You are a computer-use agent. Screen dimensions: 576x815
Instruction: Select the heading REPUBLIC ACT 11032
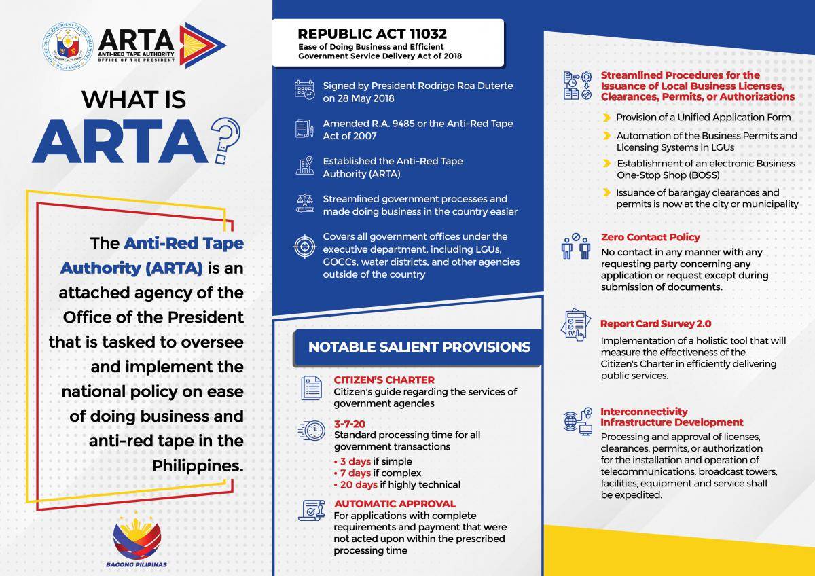(372, 33)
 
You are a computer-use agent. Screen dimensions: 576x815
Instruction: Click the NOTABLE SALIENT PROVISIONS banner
(419, 347)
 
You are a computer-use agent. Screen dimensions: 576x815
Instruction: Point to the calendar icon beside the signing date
(305, 91)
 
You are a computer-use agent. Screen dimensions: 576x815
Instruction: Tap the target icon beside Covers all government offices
(305, 247)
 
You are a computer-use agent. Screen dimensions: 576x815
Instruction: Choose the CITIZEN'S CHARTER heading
(384, 380)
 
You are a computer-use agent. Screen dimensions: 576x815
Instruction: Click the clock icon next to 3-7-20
(312, 431)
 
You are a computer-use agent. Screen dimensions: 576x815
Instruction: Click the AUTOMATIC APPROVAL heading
(395, 504)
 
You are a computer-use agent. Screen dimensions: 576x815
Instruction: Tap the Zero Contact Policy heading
(650, 237)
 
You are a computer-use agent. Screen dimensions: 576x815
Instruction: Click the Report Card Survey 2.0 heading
(655, 324)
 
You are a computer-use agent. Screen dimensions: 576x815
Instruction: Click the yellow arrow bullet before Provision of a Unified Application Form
(606, 117)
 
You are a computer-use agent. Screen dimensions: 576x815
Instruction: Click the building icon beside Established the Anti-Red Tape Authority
(305, 167)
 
